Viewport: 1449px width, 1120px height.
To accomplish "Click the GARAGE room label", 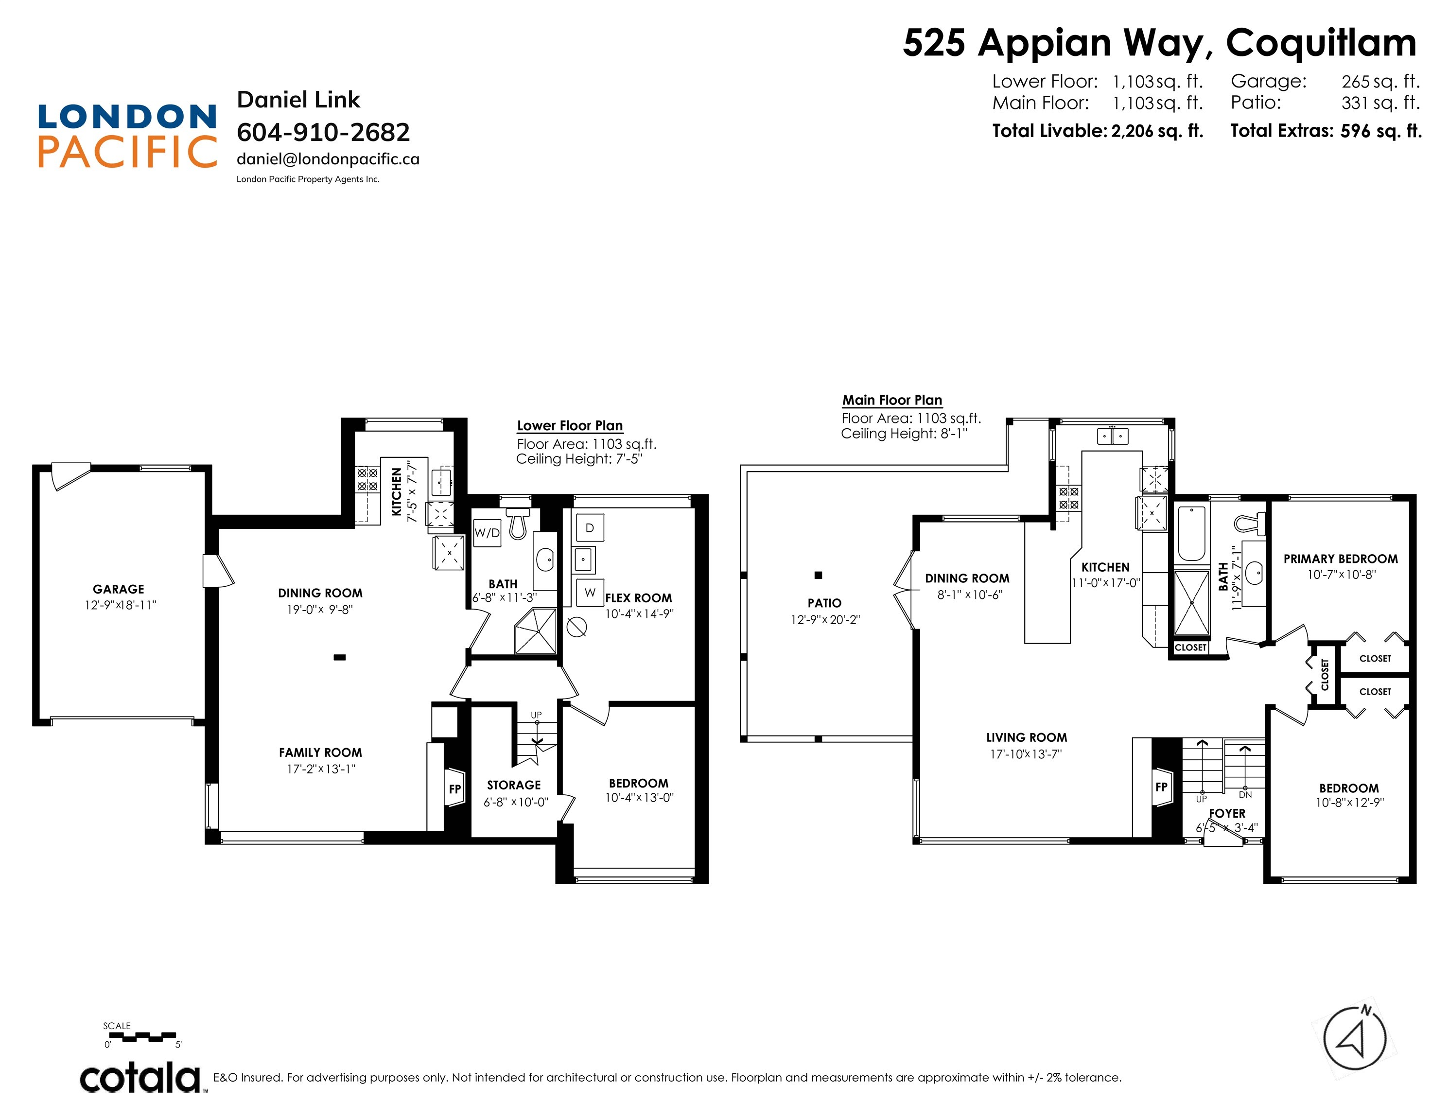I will pos(118,589).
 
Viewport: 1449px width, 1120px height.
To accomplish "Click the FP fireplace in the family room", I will pos(455,788).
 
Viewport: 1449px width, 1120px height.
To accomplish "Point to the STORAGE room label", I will pos(513,785).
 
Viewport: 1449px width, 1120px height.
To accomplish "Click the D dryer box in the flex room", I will pos(589,528).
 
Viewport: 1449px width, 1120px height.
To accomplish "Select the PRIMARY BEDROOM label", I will pos(1340,559).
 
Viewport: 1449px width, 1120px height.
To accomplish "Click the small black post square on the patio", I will pos(818,575).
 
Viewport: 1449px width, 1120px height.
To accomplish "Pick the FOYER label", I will pos(1227,813).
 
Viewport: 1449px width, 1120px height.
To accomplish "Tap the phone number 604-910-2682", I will pos(323,132).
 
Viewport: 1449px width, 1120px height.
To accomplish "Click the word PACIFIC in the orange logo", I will pos(127,152).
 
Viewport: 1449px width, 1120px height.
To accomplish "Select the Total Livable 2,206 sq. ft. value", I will pos(1156,131).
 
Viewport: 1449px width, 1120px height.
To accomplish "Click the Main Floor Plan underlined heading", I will pos(891,400).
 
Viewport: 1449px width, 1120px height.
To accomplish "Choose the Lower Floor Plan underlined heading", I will pos(569,426).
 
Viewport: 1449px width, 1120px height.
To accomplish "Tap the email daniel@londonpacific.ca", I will pos(328,159).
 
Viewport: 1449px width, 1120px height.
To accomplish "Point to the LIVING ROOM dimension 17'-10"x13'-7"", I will pos(1026,754).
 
